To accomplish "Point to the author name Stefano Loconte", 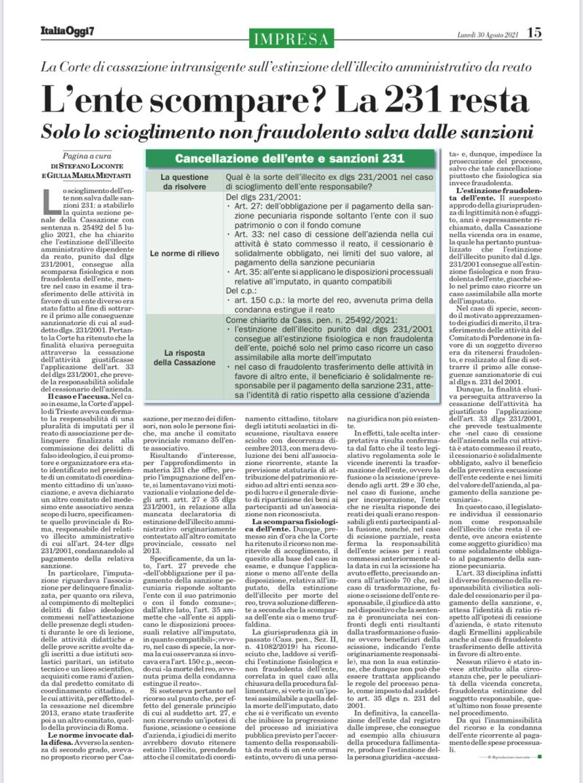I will coord(98,165).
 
